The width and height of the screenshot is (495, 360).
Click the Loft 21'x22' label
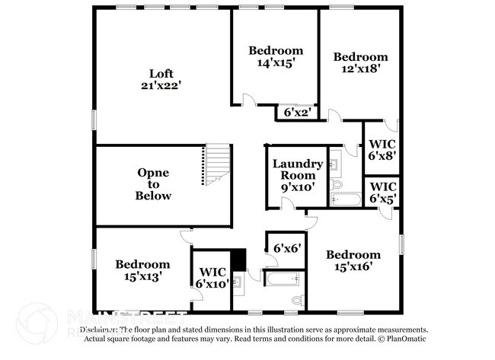pos(161,80)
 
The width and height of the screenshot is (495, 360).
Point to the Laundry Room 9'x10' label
pos(293,174)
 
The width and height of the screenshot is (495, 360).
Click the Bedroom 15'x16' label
pos(353,261)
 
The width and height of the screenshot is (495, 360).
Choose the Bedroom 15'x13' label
pos(142,271)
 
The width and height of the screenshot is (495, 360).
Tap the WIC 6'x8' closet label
pos(382,149)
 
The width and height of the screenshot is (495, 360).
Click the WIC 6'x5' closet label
pos(382,193)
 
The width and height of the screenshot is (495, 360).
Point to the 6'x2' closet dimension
pos(295,113)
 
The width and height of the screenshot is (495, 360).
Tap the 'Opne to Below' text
pos(154,184)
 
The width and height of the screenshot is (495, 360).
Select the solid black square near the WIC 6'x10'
pos(238,260)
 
